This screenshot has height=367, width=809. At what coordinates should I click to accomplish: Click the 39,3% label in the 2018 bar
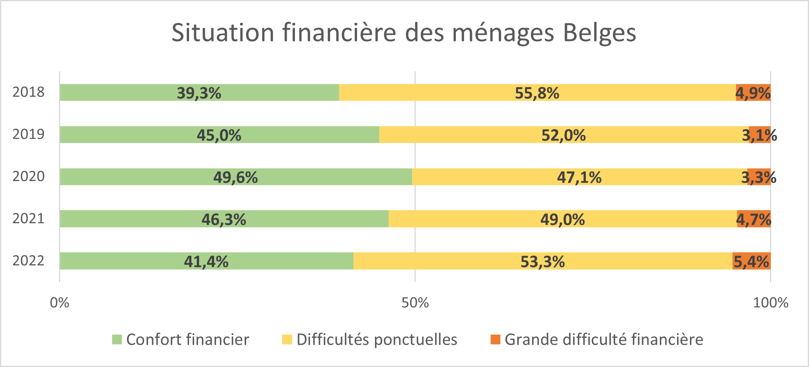click(199, 93)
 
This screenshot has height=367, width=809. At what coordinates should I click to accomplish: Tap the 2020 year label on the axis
click(29, 176)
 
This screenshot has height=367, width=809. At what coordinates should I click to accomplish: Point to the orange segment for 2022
click(751, 261)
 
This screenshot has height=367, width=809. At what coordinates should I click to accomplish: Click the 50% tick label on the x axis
click(415, 303)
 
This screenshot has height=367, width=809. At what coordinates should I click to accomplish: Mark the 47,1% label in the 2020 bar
click(579, 178)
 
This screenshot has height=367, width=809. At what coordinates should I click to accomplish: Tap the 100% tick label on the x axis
click(770, 303)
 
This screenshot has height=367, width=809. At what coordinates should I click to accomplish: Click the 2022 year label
click(29, 261)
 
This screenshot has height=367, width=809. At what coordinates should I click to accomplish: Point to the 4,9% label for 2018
click(753, 93)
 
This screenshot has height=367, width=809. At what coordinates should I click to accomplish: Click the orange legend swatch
click(495, 340)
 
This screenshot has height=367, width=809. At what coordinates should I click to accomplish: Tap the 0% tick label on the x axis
click(59, 303)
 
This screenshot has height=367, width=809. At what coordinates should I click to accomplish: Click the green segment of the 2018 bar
click(117, 93)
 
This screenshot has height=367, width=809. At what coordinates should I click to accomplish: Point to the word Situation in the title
click(223, 33)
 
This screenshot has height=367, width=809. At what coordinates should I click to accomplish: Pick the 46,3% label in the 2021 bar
click(223, 219)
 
